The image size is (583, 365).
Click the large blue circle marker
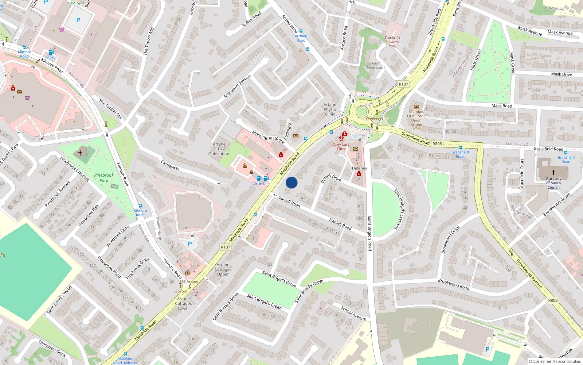click(291, 182)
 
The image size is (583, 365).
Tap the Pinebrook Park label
click(104, 178)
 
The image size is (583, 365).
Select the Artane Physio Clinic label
click(330, 109)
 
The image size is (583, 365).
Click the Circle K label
click(259, 184)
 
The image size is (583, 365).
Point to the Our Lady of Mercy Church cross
click(553, 172)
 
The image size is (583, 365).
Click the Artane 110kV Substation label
click(219, 149)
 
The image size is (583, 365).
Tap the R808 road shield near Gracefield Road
click(437, 144)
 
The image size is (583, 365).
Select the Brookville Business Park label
click(392, 42)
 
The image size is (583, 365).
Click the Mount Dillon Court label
click(375, 65)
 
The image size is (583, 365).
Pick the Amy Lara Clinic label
click(341, 146)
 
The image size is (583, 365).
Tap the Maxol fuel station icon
click(51, 52)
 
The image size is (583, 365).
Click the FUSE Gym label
click(76, 3)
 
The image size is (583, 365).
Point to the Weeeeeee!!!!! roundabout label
click(377, 118)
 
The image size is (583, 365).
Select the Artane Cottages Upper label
click(223, 269)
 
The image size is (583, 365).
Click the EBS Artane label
click(189, 281)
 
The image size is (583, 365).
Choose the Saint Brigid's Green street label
click(264, 301)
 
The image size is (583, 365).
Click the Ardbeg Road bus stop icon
click(301, 31)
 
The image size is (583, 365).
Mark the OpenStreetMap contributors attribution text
click(555, 362)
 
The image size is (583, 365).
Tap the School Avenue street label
click(353, 313)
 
